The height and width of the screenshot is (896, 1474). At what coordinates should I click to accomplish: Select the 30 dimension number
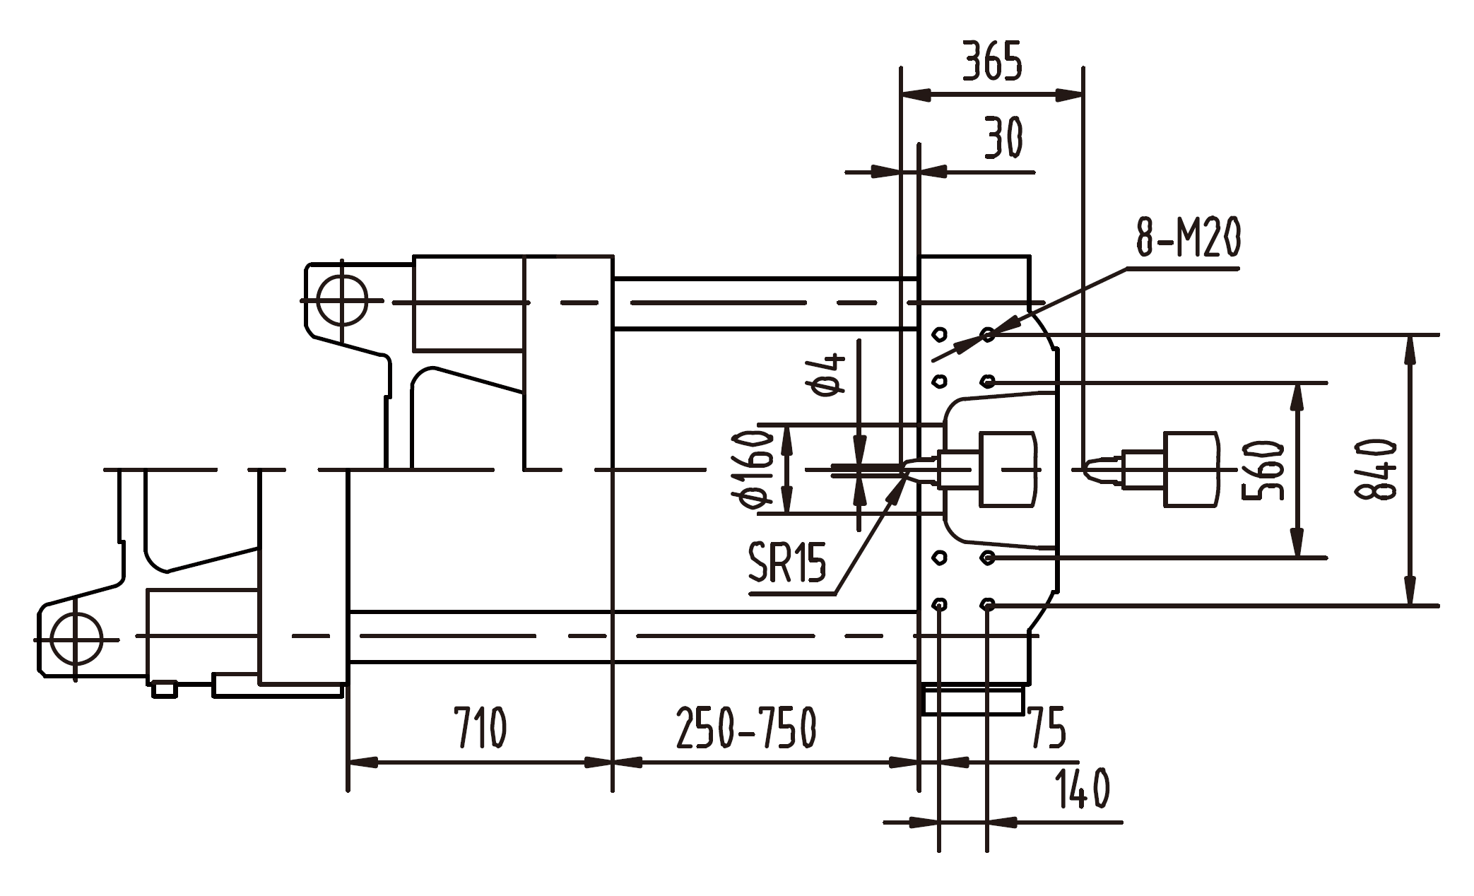click(x=1003, y=138)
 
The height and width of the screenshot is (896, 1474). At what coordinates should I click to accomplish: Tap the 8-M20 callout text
click(x=1189, y=238)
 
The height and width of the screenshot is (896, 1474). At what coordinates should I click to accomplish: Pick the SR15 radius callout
click(x=786, y=562)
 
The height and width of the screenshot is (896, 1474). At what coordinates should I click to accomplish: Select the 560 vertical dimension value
click(x=1263, y=471)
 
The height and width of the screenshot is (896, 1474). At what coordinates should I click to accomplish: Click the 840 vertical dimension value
click(x=1375, y=470)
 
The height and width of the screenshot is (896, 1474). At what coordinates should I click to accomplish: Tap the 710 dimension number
click(x=480, y=728)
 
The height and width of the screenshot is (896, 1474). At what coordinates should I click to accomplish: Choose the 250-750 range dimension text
click(x=746, y=728)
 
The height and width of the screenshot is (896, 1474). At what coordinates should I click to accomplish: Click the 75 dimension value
click(x=1047, y=728)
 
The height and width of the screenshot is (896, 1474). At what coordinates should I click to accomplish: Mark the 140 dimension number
click(x=1082, y=789)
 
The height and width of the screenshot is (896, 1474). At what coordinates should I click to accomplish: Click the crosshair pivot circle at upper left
click(x=342, y=301)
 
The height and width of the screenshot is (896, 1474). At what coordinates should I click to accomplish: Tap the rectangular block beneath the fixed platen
click(x=974, y=700)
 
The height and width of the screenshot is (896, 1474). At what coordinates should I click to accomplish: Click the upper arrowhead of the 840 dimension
click(x=1410, y=349)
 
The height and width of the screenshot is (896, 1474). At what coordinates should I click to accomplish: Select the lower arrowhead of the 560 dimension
click(x=1297, y=545)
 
